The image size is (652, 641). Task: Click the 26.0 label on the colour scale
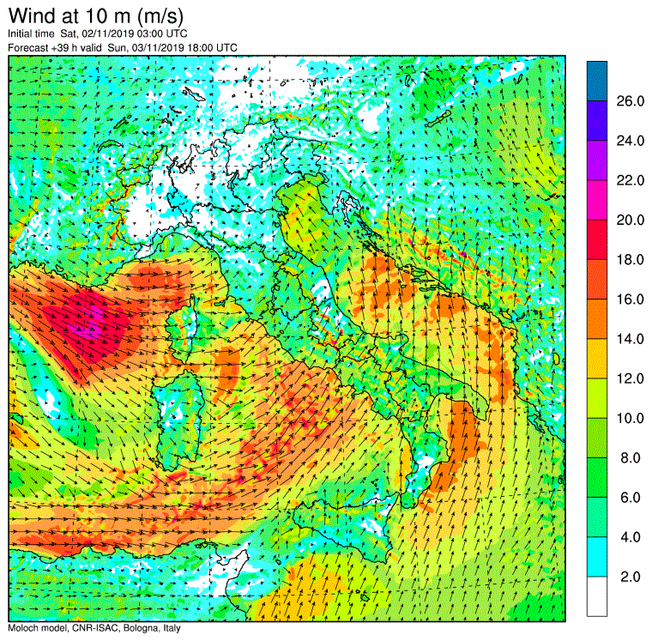pyautogui.click(x=630, y=101)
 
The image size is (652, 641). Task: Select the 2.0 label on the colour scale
pyautogui.click(x=630, y=577)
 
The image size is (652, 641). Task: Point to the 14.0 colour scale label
pyautogui.click(x=630, y=339)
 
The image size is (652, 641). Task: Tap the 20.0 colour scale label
pyautogui.click(x=630, y=220)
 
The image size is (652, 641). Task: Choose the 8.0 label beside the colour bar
pyautogui.click(x=630, y=458)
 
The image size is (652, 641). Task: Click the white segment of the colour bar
pyautogui.click(x=597, y=596)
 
